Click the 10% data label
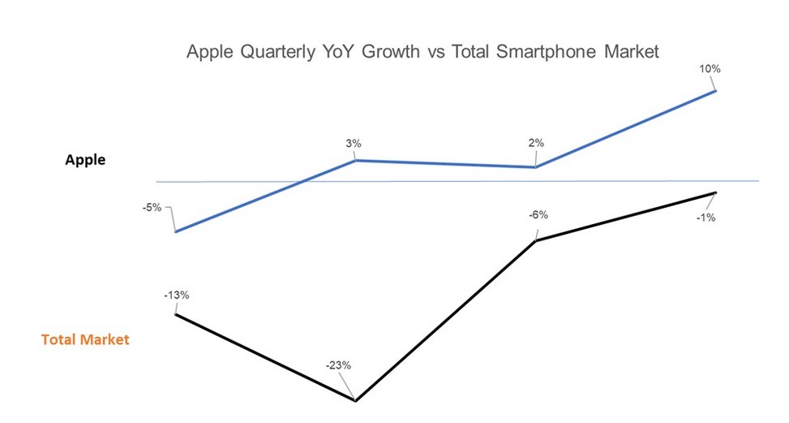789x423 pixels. [710, 69]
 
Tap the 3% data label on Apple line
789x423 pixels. [353, 144]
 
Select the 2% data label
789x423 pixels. [536, 143]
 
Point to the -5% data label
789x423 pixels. [152, 207]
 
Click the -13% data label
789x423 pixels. [176, 295]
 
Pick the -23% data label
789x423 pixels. [338, 365]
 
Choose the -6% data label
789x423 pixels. [538, 215]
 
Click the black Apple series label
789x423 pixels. [85, 160]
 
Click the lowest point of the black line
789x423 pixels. [355, 400]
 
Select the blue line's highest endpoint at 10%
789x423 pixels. [715, 91]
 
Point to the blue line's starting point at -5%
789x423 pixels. [175, 232]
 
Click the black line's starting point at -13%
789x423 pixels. [175, 313]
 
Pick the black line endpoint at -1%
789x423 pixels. [715, 192]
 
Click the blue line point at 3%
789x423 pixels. [355, 161]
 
